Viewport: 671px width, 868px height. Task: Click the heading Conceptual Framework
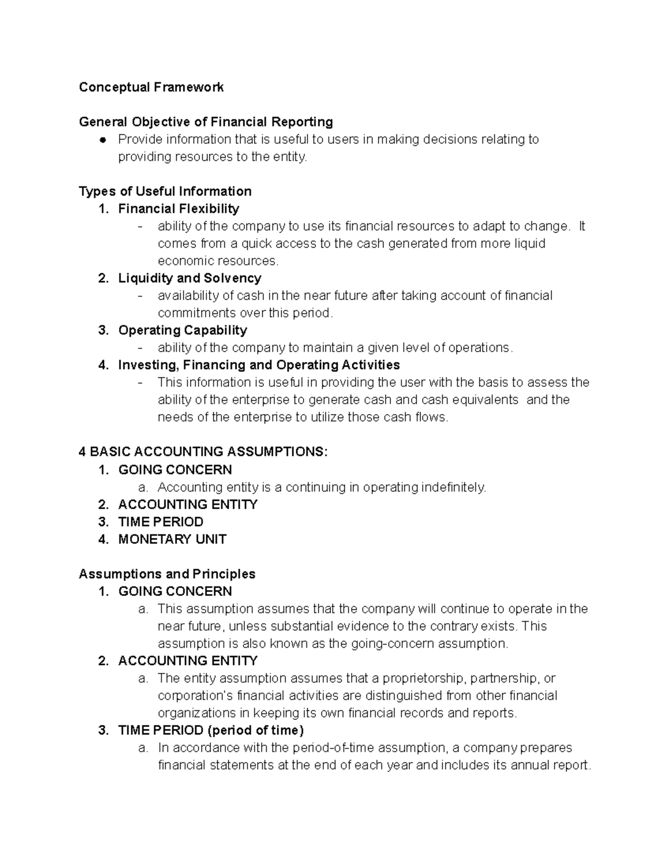coord(151,87)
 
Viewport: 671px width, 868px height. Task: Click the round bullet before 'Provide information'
coord(102,140)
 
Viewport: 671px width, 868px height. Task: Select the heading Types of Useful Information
coord(165,192)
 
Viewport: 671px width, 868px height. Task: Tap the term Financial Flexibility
coord(178,209)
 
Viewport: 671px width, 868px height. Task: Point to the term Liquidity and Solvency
coord(190,278)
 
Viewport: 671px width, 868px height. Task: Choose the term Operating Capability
coord(182,330)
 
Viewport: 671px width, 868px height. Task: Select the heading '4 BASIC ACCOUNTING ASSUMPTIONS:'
coord(203,452)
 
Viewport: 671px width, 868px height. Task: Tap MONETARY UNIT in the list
coord(172,539)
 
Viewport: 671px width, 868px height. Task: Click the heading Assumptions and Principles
coord(167,574)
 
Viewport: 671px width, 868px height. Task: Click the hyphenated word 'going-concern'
coord(391,644)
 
